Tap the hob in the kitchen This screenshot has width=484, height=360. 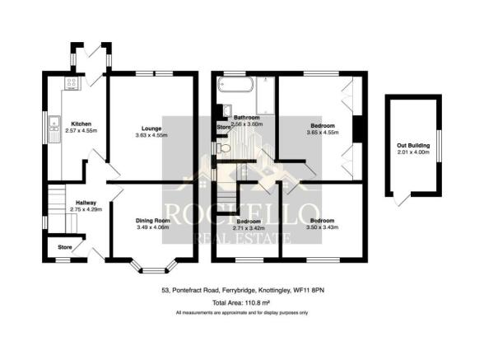pyautogui.click(x=72, y=82)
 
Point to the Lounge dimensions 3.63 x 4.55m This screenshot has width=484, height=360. pyautogui.click(x=151, y=135)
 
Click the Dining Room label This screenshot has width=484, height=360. pyautogui.click(x=153, y=221)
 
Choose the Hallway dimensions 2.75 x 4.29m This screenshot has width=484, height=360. pyautogui.click(x=86, y=209)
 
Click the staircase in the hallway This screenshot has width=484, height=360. pyautogui.click(x=55, y=200)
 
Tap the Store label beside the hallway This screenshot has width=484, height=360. pyautogui.click(x=63, y=245)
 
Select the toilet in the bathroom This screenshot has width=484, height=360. pyautogui.click(x=223, y=148)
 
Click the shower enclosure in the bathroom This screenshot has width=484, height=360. pyautogui.click(x=265, y=94)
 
